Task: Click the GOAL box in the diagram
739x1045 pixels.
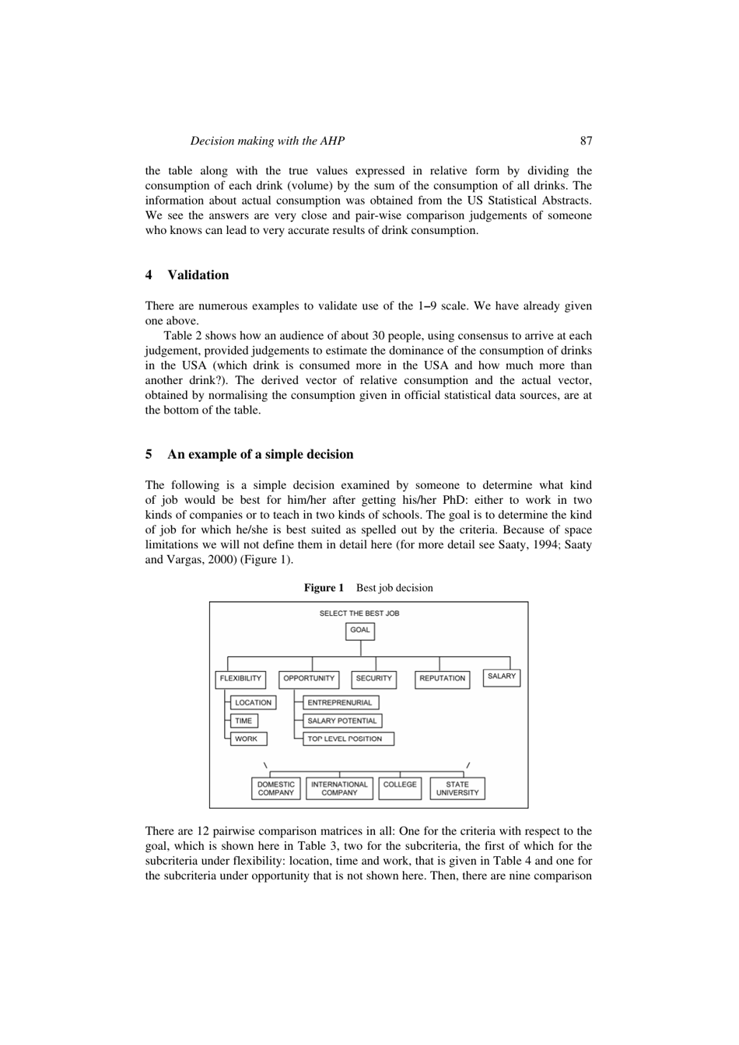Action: (x=359, y=631)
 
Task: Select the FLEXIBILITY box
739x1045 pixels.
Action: (x=240, y=679)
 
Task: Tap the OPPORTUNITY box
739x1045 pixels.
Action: (x=309, y=679)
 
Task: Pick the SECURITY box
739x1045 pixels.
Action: (x=373, y=679)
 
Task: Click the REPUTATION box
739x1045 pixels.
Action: (x=442, y=679)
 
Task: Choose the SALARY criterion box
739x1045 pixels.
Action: (x=501, y=676)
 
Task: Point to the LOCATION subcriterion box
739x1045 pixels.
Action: (x=253, y=703)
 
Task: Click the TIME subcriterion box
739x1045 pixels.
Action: (x=243, y=721)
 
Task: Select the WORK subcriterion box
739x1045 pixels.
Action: (x=247, y=739)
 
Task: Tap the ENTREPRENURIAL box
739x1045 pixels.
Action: (x=340, y=703)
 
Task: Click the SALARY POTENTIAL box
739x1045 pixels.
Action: (x=341, y=721)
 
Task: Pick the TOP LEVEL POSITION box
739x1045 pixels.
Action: (x=347, y=739)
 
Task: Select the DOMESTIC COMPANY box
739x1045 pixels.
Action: (x=275, y=788)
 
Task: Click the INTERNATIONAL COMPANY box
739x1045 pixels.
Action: (x=339, y=788)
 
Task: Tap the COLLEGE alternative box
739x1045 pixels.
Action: (x=400, y=785)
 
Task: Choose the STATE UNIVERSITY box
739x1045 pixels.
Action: (x=457, y=788)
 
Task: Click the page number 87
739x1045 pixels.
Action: (x=586, y=141)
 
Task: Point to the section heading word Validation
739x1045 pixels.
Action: (x=198, y=275)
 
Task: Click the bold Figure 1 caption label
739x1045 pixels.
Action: (x=324, y=588)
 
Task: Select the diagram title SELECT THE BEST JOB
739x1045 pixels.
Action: (x=359, y=613)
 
